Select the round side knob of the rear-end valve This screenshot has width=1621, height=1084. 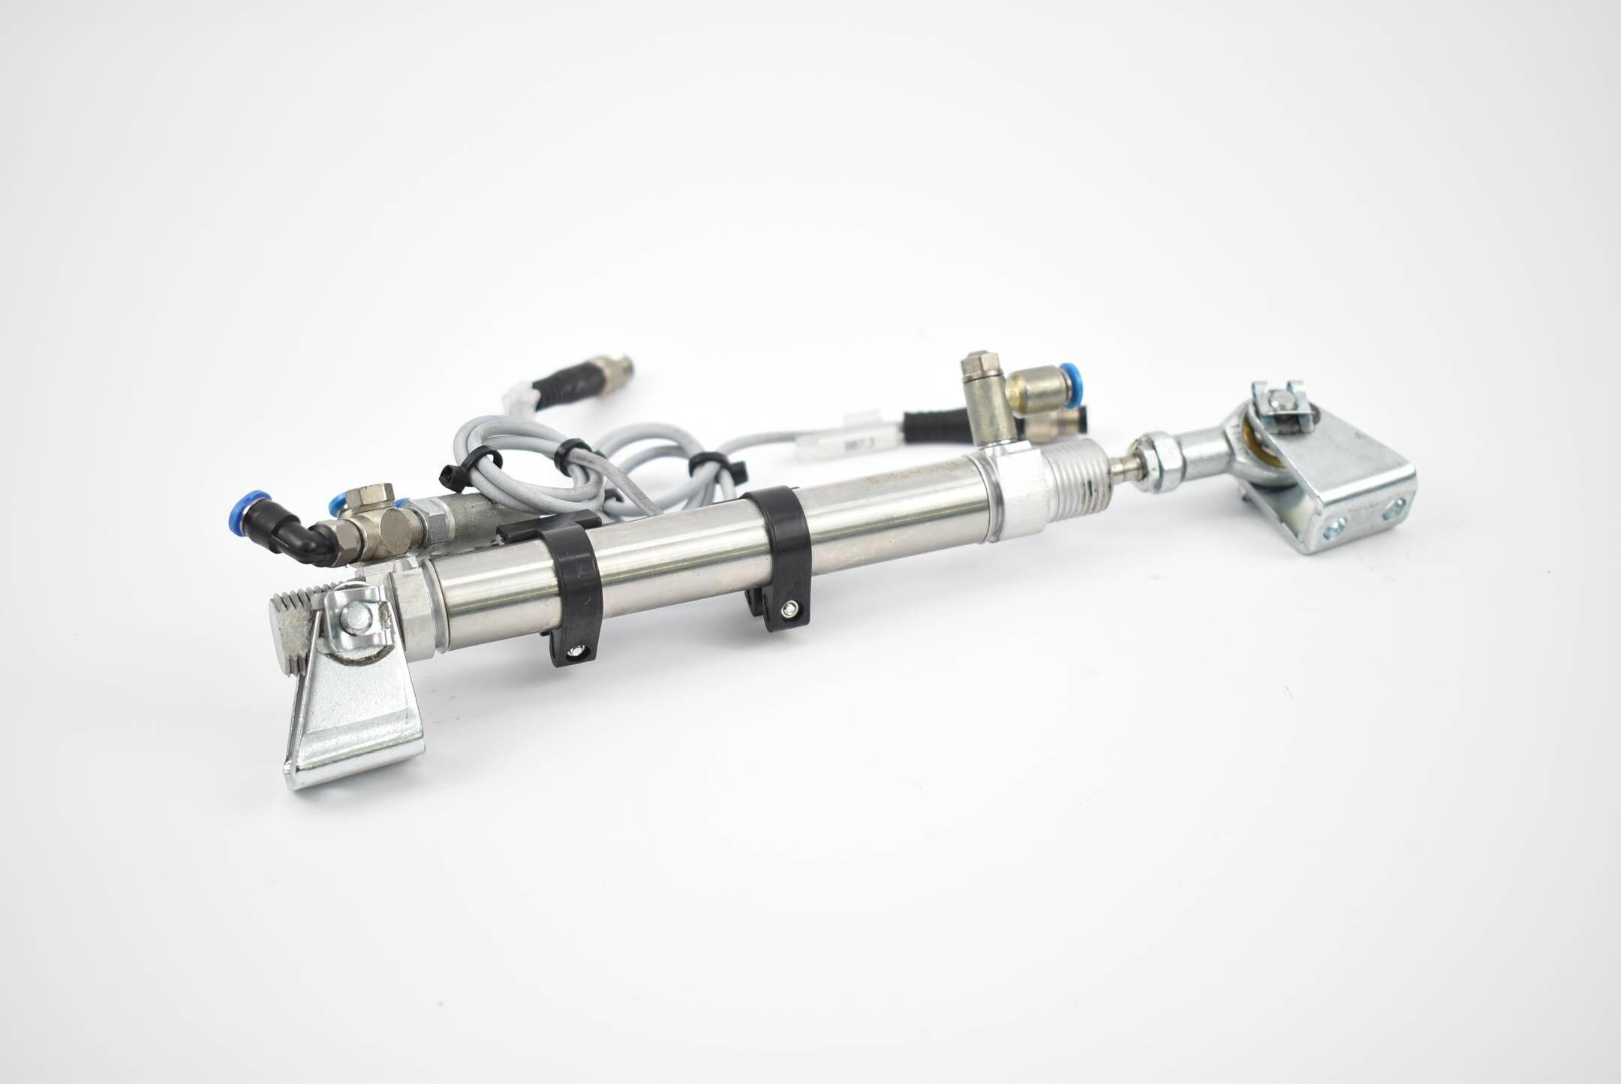click(x=395, y=535)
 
